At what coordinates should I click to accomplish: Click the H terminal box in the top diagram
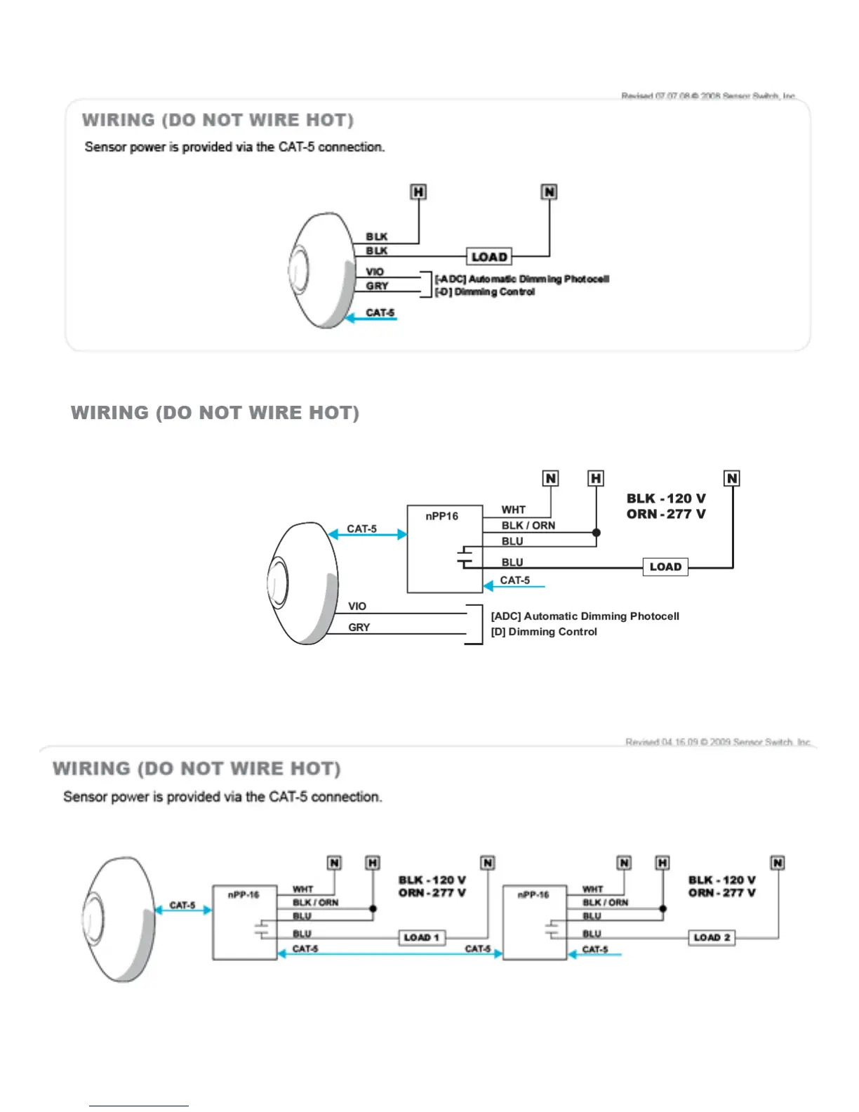(418, 192)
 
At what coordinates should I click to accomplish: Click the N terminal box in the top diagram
(549, 192)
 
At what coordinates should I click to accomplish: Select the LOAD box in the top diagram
(489, 257)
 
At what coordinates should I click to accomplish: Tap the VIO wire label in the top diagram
(375, 272)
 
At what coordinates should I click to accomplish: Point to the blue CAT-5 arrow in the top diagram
(372, 319)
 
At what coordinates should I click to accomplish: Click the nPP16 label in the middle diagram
(441, 516)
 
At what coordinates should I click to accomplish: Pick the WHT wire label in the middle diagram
(513, 510)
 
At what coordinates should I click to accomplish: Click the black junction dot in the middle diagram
(597, 532)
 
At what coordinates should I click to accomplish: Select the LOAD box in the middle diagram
(665, 567)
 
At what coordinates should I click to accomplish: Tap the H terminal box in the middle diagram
(596, 479)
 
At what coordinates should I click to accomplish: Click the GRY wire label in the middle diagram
(359, 627)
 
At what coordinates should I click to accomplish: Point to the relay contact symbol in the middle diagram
(465, 557)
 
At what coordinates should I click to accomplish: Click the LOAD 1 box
(422, 937)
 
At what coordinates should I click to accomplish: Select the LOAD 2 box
(712, 937)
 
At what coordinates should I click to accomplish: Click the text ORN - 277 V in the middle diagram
(665, 514)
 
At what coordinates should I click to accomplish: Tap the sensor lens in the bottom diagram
(93, 916)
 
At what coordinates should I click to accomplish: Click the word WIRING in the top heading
(118, 120)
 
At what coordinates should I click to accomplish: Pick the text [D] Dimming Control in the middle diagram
(544, 632)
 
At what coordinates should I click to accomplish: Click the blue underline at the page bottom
(138, 1106)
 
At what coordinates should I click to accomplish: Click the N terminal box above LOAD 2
(778, 863)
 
